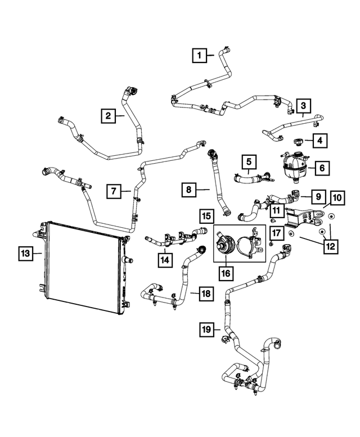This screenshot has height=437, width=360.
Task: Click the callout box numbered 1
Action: coord(199,55)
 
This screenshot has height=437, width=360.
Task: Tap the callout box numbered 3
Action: coord(303,105)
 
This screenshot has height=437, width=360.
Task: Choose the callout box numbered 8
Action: coord(189,191)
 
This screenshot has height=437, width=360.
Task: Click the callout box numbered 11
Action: coord(276,211)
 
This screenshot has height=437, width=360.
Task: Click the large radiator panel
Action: coord(84,267)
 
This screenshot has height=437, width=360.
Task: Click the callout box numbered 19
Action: coord(206,330)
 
